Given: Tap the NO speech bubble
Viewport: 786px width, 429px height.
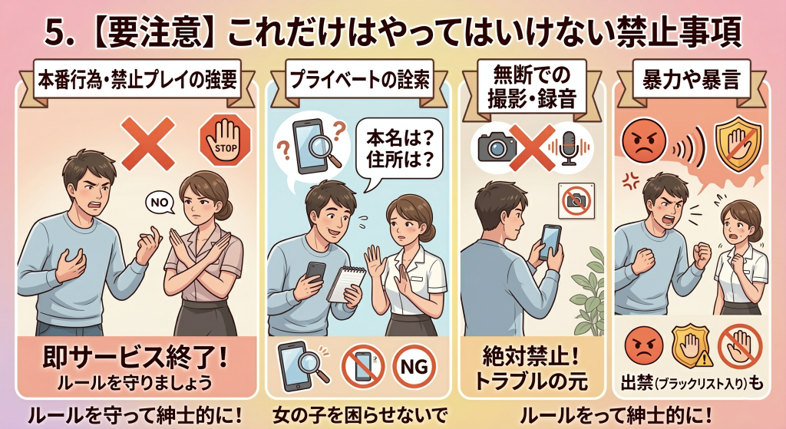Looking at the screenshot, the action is (160, 202).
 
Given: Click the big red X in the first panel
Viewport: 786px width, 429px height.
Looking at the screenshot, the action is (148, 143).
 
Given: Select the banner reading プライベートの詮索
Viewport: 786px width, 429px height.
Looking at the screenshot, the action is (359, 79).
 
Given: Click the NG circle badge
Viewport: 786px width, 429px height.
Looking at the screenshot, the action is (414, 366).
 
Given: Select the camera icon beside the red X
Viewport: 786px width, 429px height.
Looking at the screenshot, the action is (497, 146).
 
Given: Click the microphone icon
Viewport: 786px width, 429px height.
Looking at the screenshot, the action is (569, 148).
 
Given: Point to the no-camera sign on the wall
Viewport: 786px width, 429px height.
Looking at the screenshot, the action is (576, 200).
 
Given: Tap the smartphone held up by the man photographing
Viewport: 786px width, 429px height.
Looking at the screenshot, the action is (550, 241).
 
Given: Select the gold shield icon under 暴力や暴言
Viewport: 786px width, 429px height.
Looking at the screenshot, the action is (738, 144).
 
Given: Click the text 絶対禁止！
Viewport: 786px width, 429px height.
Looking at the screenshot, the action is (531, 356).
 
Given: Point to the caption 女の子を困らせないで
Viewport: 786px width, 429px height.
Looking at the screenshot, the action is (359, 416).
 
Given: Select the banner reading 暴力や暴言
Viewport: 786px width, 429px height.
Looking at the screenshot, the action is (692, 80).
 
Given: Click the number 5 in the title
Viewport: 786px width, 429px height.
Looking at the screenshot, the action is (55, 34).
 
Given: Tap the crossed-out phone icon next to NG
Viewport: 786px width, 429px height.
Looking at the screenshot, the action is (362, 366).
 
